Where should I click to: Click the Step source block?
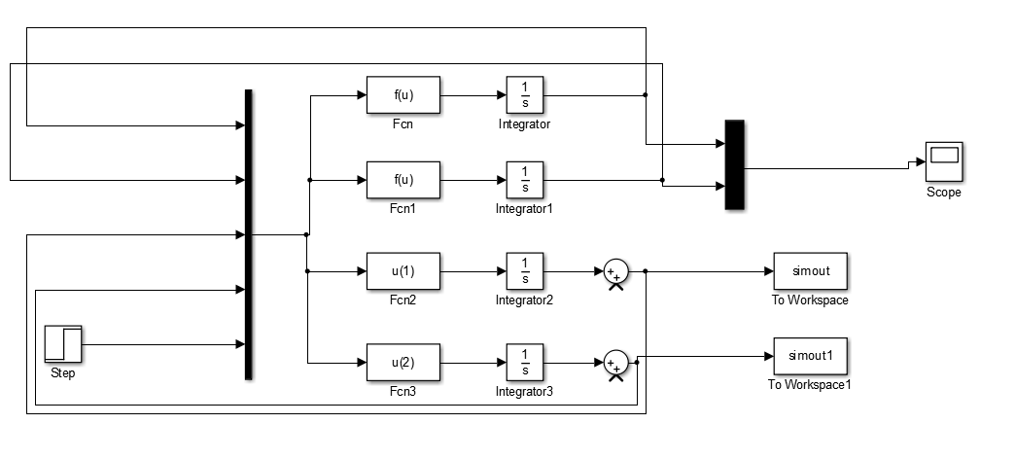tap(63, 344)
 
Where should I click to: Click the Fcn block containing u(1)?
tap(402, 271)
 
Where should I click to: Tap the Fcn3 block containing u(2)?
tap(402, 363)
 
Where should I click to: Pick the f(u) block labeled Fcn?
tap(402, 96)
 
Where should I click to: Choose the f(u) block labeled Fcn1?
tap(402, 180)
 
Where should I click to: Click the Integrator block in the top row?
tap(525, 96)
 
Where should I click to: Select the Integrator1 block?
tap(525, 180)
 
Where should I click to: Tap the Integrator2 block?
tap(525, 271)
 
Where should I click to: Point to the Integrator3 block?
tap(525, 363)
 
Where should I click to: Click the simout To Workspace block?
tap(810, 271)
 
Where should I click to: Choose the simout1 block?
tap(810, 356)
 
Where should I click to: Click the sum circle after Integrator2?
tap(614, 271)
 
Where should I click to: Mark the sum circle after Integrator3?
tap(614, 363)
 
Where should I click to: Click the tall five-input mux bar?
tap(249, 233)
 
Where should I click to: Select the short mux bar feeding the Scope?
tap(734, 164)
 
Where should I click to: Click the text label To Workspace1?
tap(810, 385)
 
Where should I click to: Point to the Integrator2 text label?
tap(524, 300)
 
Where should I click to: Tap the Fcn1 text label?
tap(402, 208)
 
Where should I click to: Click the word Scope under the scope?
tap(943, 193)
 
